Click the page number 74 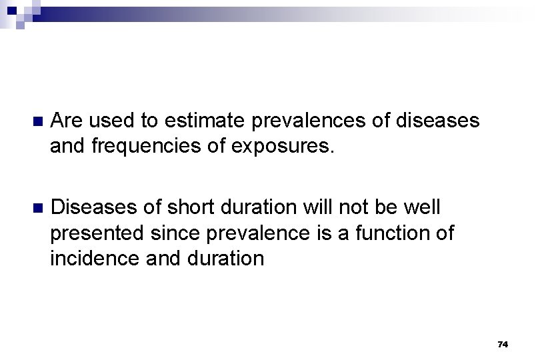click(x=503, y=344)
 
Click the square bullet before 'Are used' click(x=37, y=121)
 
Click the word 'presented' click(x=96, y=233)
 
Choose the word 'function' click(x=393, y=233)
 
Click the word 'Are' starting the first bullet click(x=67, y=121)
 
